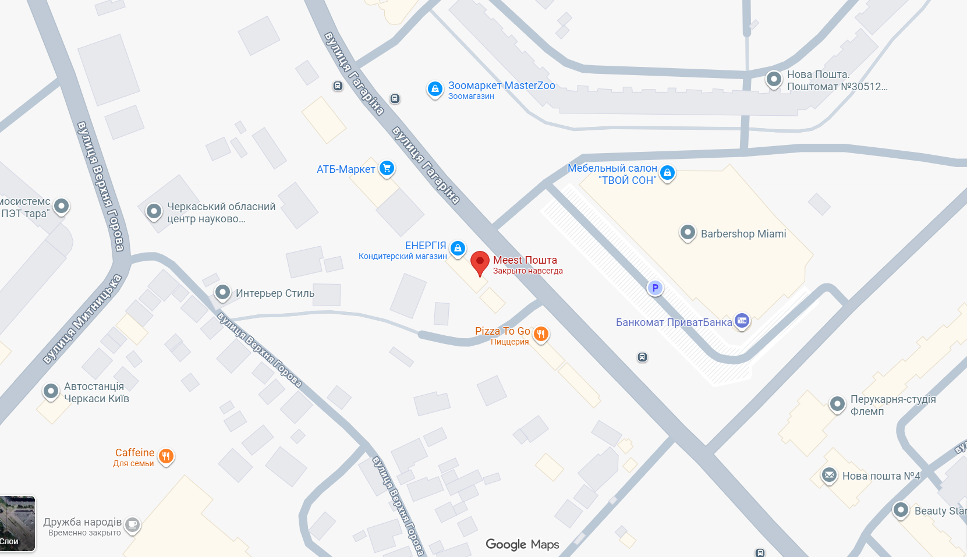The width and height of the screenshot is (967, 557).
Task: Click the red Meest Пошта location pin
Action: click(480, 262)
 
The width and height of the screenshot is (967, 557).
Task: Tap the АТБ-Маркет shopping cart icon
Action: click(387, 168)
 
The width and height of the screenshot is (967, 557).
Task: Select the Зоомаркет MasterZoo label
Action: click(501, 86)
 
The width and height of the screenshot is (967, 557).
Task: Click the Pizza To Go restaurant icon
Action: click(541, 334)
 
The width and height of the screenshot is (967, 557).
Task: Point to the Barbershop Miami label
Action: click(743, 234)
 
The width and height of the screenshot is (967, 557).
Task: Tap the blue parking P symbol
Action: click(655, 288)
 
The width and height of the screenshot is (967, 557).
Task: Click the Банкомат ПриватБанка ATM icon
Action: click(741, 321)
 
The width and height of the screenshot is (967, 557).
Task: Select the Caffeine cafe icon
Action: click(166, 456)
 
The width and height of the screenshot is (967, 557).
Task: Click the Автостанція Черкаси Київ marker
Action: click(51, 391)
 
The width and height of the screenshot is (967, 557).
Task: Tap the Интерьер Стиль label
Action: click(275, 293)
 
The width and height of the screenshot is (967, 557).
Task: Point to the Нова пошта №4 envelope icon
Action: click(829, 475)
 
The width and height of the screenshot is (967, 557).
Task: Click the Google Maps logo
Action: click(522, 544)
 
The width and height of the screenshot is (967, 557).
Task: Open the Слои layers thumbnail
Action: click(17, 523)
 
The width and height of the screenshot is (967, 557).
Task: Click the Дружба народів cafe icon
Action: click(132, 524)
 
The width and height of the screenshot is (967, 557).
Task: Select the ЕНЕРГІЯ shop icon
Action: click(458, 248)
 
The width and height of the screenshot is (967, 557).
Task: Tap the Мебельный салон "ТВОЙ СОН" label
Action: click(612, 174)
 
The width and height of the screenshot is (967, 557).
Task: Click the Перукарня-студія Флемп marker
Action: click(837, 403)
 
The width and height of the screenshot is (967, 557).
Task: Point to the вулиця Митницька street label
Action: click(82, 320)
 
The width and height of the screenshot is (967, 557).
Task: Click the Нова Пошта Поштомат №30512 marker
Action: click(774, 79)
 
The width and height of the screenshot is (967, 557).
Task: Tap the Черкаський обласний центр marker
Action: click(154, 211)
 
